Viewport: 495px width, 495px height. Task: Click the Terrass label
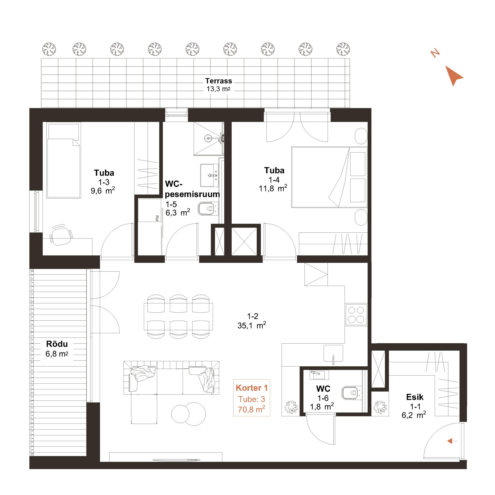pos(218,81)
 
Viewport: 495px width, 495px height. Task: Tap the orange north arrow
pos(453,76)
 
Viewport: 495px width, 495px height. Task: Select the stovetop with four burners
pos(356,315)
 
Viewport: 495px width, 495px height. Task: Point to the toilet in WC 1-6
pos(351,393)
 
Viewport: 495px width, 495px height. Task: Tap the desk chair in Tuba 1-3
pos(61,235)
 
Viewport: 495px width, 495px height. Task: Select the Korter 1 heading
pos(252,388)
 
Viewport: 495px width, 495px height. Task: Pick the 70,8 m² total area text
pos(251,409)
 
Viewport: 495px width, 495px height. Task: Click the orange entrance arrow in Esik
pos(452,441)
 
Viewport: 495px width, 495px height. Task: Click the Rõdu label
pos(57,344)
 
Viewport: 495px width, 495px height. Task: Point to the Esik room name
pos(415,397)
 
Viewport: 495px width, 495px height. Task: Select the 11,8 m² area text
pos(273,188)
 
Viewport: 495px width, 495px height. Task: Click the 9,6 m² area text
pos(103,191)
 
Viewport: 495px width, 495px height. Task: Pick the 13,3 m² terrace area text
pos(218,89)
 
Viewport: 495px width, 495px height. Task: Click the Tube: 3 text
pos(252,399)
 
